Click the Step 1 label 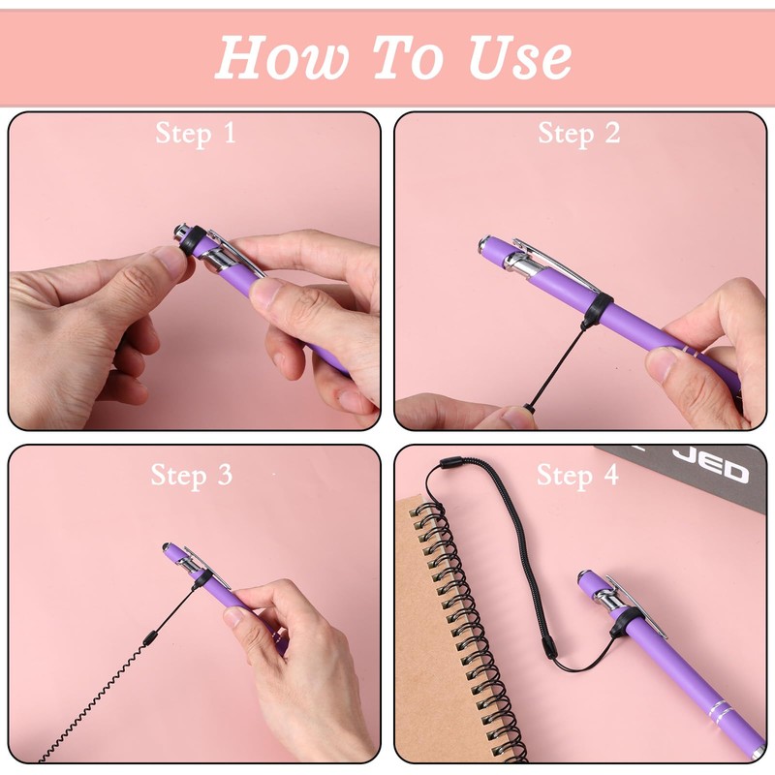point(196,133)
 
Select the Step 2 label point(578,133)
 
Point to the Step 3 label point(191,475)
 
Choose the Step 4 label point(577,475)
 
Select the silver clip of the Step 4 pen point(635,604)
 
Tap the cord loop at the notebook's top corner point(448,464)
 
